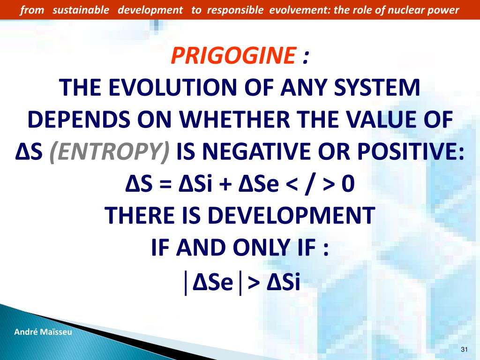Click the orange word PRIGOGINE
233,55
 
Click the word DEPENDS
79,120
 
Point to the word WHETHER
234,120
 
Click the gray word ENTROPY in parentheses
109,151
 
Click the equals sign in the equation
165,184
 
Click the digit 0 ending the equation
348,184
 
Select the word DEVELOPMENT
291,215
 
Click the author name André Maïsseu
43,332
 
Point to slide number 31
464,349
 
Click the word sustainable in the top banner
81,10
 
